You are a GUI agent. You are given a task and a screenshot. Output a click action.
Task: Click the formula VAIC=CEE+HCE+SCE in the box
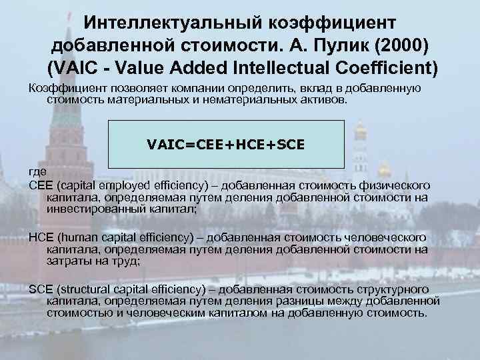pyautogui.click(x=226, y=143)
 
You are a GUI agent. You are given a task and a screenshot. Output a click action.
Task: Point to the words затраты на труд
pyautogui.click(x=93, y=261)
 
